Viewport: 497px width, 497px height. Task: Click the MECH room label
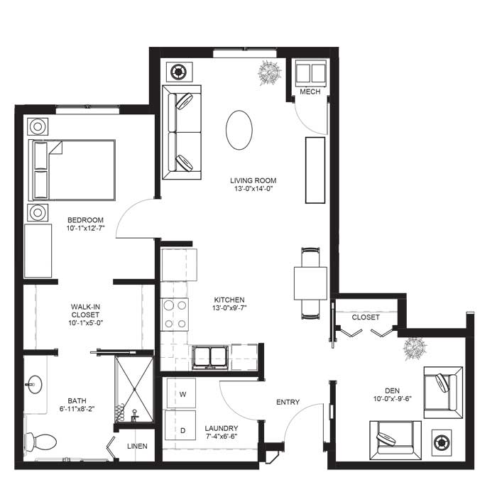click(310, 92)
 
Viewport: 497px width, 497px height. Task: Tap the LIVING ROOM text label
click(253, 180)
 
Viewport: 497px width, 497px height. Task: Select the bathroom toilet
click(41, 442)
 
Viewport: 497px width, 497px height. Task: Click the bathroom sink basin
click(35, 385)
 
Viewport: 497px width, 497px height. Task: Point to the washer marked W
click(181, 393)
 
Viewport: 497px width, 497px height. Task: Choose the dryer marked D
click(180, 426)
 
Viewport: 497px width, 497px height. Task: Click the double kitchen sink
click(210, 358)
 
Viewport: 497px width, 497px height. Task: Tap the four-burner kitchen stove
click(175, 315)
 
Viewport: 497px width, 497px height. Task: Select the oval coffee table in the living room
click(239, 130)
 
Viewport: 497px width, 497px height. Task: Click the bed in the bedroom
click(72, 170)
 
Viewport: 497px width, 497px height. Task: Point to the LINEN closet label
click(137, 446)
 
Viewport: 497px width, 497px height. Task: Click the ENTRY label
click(288, 402)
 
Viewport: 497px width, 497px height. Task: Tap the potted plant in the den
click(415, 348)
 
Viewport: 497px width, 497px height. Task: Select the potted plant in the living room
click(270, 72)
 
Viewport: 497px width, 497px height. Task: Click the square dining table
click(311, 283)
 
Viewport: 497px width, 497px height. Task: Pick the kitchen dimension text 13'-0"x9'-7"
click(229, 307)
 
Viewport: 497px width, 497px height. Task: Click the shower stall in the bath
click(134, 389)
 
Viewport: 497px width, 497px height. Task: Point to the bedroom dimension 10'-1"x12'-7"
click(86, 228)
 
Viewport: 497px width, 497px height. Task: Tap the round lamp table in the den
click(441, 443)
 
